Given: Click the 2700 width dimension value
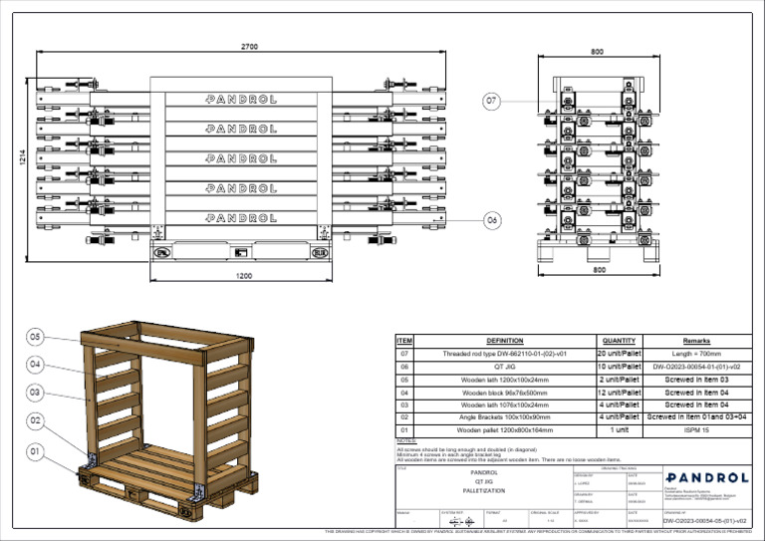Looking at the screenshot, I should coord(251,46).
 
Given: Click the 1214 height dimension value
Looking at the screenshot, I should coord(22,157).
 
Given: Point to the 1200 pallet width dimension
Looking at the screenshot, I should coord(244,276).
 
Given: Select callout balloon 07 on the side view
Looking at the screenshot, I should coord(491,101).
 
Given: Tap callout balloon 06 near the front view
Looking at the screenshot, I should coord(491,219).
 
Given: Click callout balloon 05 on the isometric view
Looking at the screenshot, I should coord(35,338).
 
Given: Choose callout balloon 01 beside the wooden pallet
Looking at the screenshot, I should coord(35,451).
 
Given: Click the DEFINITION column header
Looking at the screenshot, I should coord(504,341).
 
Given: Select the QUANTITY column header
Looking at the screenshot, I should coord(619,341).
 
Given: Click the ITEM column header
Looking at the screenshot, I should coord(404,341).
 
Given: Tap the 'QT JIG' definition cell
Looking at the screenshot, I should coord(504,367).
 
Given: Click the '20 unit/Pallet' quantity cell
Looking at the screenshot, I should coord(619,354).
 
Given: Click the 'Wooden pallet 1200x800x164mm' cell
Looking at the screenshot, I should coord(504,430).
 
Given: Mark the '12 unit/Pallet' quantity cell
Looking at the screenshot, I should coord(619,393).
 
